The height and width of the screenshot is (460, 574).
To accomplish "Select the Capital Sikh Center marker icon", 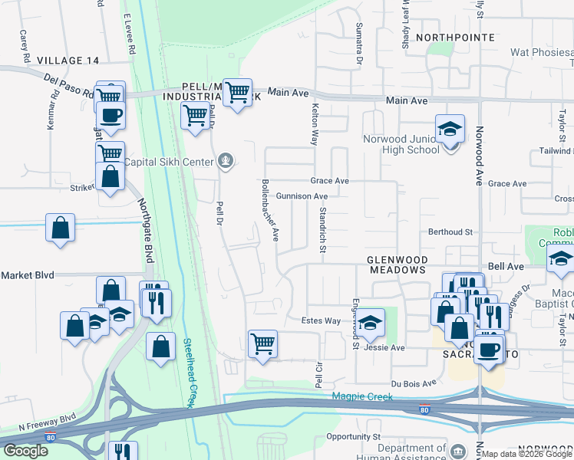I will [225, 160].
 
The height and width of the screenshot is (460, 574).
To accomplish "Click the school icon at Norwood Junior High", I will [450, 128].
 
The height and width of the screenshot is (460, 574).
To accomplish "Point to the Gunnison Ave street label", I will [302, 196].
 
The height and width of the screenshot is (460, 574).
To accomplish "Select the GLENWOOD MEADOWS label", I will [386, 264].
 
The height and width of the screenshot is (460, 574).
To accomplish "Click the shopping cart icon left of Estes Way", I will [262, 343].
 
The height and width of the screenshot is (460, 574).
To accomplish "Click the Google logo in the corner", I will [25, 451].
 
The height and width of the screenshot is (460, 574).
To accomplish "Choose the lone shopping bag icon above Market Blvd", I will [60, 228].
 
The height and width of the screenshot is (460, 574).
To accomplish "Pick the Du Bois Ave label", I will [414, 382].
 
